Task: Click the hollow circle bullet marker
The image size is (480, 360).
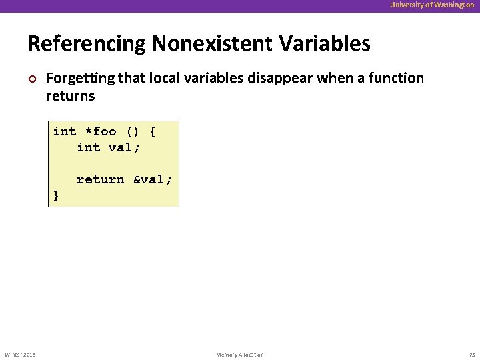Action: point(32,79)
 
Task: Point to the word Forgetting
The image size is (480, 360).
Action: point(78,79)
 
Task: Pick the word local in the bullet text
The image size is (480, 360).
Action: point(157,79)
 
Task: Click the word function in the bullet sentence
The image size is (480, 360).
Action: point(397,79)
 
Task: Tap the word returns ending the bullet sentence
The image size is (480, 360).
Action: point(70,96)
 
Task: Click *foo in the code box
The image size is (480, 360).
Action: point(100,131)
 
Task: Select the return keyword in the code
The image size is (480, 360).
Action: point(100,179)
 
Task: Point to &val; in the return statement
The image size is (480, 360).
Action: point(152,179)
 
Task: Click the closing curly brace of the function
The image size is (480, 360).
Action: point(56,195)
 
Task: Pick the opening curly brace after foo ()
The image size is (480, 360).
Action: point(153,131)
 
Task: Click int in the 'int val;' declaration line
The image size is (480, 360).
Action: point(88,147)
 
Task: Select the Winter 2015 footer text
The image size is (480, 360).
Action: point(20,354)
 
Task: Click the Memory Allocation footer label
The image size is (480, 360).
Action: point(240,354)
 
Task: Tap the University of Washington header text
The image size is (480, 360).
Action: point(432,5)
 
